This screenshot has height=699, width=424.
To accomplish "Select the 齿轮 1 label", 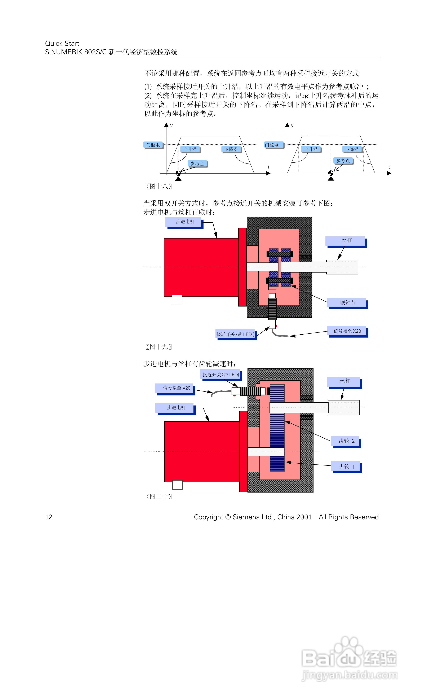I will [346, 467].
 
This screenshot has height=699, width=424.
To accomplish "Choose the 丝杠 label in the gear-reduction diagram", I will [345, 381].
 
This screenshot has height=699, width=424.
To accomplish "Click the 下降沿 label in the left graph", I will [231, 149].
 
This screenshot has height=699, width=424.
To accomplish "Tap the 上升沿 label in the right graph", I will [311, 149].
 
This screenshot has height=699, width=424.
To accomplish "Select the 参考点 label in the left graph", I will [197, 163].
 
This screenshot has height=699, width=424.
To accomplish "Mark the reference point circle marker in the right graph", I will [331, 173].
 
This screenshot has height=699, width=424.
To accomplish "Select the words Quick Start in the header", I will [62, 43].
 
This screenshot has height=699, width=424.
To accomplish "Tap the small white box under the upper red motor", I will [177, 300].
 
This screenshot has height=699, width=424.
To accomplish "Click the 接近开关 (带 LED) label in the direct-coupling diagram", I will [235, 334].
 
